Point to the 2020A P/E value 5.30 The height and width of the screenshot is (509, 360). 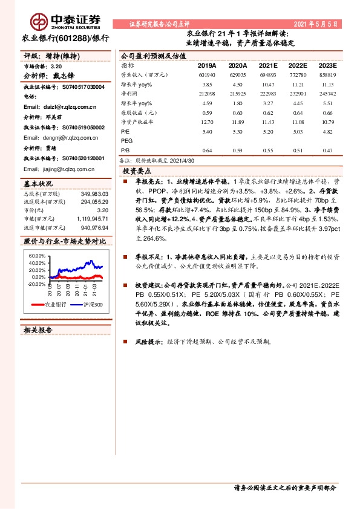[x=238, y=131]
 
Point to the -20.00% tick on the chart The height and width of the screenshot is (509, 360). [x=36, y=284]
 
